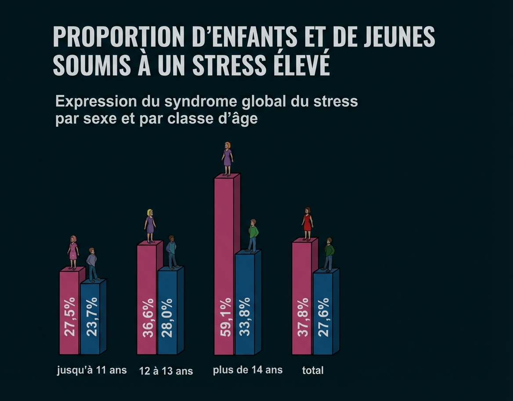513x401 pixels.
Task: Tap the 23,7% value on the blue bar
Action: [92, 317]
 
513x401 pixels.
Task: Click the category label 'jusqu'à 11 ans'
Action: [92, 370]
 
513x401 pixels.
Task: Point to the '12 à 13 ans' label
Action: [166, 371]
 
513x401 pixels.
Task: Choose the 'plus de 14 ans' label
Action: [248, 370]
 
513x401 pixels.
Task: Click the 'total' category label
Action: [313, 371]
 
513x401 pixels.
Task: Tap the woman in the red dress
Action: [307, 223]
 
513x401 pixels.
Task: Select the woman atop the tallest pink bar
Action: [227, 159]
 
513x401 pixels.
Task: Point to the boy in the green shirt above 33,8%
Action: [253, 235]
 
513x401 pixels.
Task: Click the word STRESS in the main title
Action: [229, 65]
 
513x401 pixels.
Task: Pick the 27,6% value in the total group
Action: [323, 317]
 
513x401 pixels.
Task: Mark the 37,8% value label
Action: [303, 317]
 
